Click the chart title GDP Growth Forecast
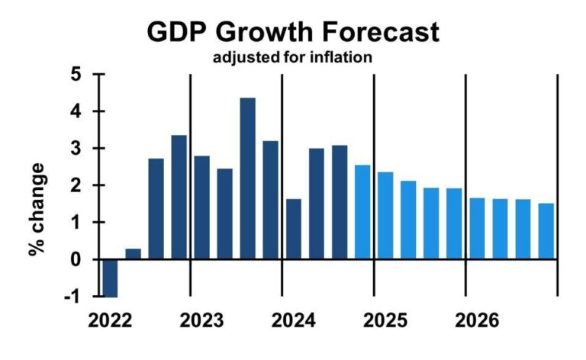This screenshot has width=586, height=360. point(293,32)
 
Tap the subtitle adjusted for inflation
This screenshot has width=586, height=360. point(293,58)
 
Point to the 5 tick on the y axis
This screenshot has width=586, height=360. point(75,76)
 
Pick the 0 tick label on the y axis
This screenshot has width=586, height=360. point(75,260)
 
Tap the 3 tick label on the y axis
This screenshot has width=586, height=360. point(75,149)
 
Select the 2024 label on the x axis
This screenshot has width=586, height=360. point(294,320)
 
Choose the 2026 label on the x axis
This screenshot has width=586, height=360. point(478,320)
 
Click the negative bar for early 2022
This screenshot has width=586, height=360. point(110,278)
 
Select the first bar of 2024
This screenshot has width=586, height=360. point(293,229)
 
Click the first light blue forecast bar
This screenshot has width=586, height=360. point(362,212)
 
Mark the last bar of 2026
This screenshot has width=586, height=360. point(546,231)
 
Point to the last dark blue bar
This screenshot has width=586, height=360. point(340,202)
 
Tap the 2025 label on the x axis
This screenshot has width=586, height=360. point(385,320)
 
